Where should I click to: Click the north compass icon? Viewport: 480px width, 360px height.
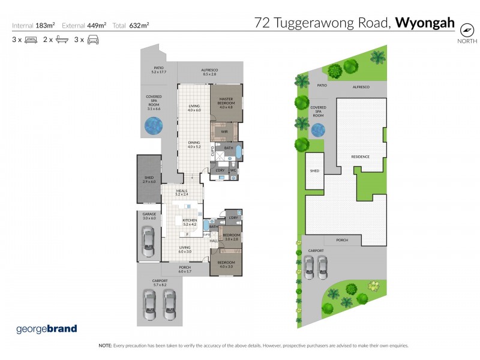coord(466,29)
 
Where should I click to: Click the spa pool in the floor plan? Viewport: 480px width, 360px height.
coord(153,125)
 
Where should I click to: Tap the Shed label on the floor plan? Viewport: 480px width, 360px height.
coord(149,179)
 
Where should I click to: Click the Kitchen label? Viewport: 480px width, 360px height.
coord(189,221)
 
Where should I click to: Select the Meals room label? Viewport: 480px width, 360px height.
coord(182,193)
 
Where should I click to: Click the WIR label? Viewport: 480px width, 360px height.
coord(224,131)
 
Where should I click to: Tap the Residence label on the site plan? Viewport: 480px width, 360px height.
coord(360,157)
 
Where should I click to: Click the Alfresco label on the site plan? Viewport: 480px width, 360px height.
coord(360,87)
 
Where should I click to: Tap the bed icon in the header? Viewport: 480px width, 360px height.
coord(31,40)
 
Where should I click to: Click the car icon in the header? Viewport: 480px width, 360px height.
coord(93,40)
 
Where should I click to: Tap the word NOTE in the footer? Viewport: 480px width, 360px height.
coord(105,346)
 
